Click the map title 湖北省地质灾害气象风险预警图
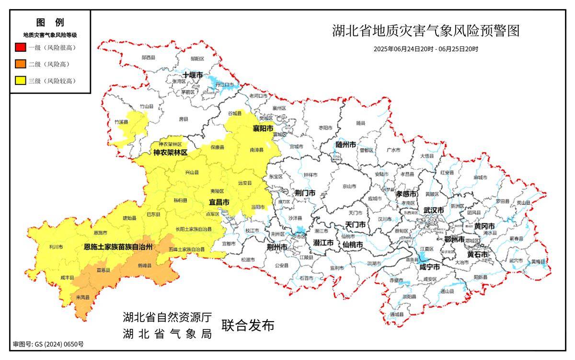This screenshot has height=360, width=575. (x=425, y=31)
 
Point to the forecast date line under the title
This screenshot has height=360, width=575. (x=425, y=49)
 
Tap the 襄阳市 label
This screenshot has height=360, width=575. (x=263, y=129)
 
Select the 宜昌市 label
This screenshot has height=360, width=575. (x=218, y=203)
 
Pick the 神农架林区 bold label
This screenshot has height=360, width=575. (x=171, y=153)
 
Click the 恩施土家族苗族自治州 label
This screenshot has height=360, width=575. (x=118, y=247)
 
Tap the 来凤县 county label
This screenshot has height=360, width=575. (x=82, y=298)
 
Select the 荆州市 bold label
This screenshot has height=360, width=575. (x=277, y=247)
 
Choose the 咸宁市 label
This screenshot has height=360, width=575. (x=430, y=267)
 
